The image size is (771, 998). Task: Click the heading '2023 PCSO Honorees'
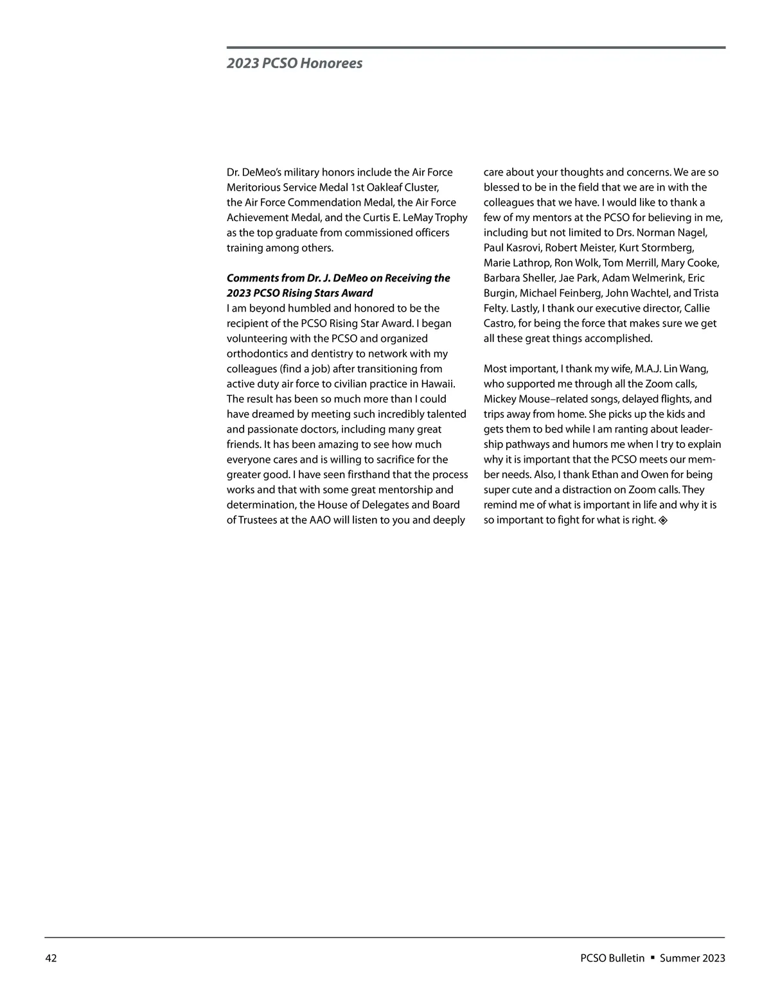pyautogui.click(x=294, y=63)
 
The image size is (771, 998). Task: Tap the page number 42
pyautogui.click(x=51, y=958)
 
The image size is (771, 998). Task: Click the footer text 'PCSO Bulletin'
pyautogui.click(x=612, y=958)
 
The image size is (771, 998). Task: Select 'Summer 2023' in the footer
pyautogui.click(x=692, y=958)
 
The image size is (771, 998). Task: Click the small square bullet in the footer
pyautogui.click(x=652, y=958)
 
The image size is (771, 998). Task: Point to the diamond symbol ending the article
pyautogui.click(x=663, y=520)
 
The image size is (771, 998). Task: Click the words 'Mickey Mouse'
pyautogui.click(x=513, y=399)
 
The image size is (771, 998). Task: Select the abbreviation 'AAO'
pyautogui.click(x=319, y=520)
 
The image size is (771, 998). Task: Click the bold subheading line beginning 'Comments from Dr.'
pyautogui.click(x=338, y=278)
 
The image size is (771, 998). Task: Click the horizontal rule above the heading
pyautogui.click(x=475, y=48)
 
